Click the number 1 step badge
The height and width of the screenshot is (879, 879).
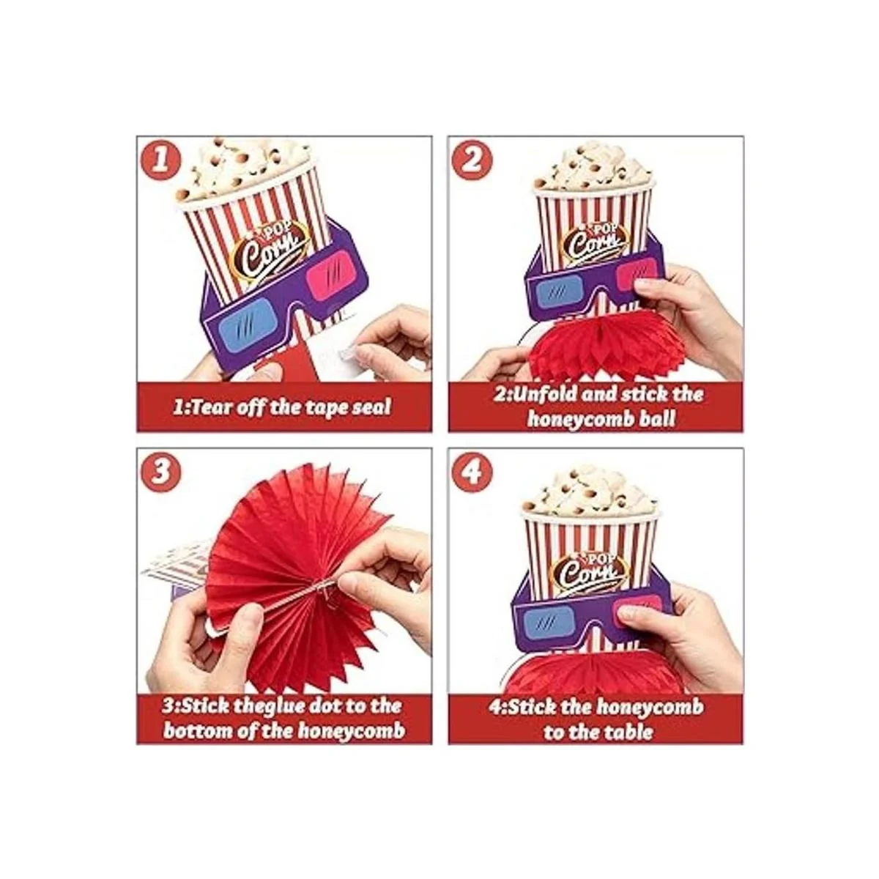[159, 161]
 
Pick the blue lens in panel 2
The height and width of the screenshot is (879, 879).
[557, 291]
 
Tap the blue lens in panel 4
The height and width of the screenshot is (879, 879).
[544, 622]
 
